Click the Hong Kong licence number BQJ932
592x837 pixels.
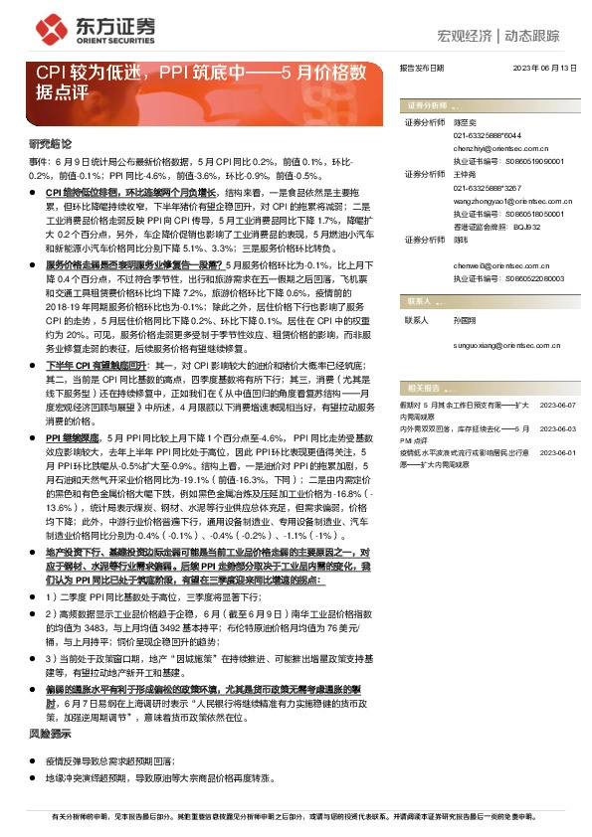(526, 226)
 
